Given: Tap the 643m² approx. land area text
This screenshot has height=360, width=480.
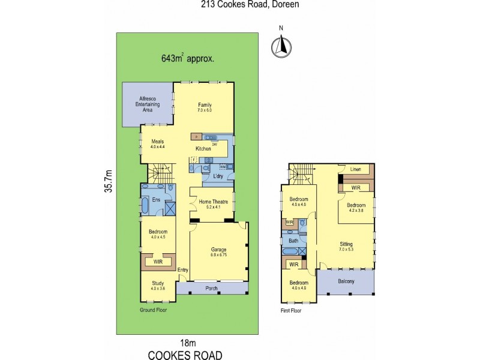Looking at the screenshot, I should click(188, 59).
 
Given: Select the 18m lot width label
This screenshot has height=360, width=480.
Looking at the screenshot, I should click(188, 343).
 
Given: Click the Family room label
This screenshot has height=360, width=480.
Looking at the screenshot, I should click(205, 106).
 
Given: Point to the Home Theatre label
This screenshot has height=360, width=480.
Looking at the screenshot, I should click(212, 202).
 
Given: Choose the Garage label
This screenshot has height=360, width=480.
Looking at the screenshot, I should click(217, 250).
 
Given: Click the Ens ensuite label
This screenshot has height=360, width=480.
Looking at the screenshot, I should click(155, 199).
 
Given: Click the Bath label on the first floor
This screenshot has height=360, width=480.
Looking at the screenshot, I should click(293, 241).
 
